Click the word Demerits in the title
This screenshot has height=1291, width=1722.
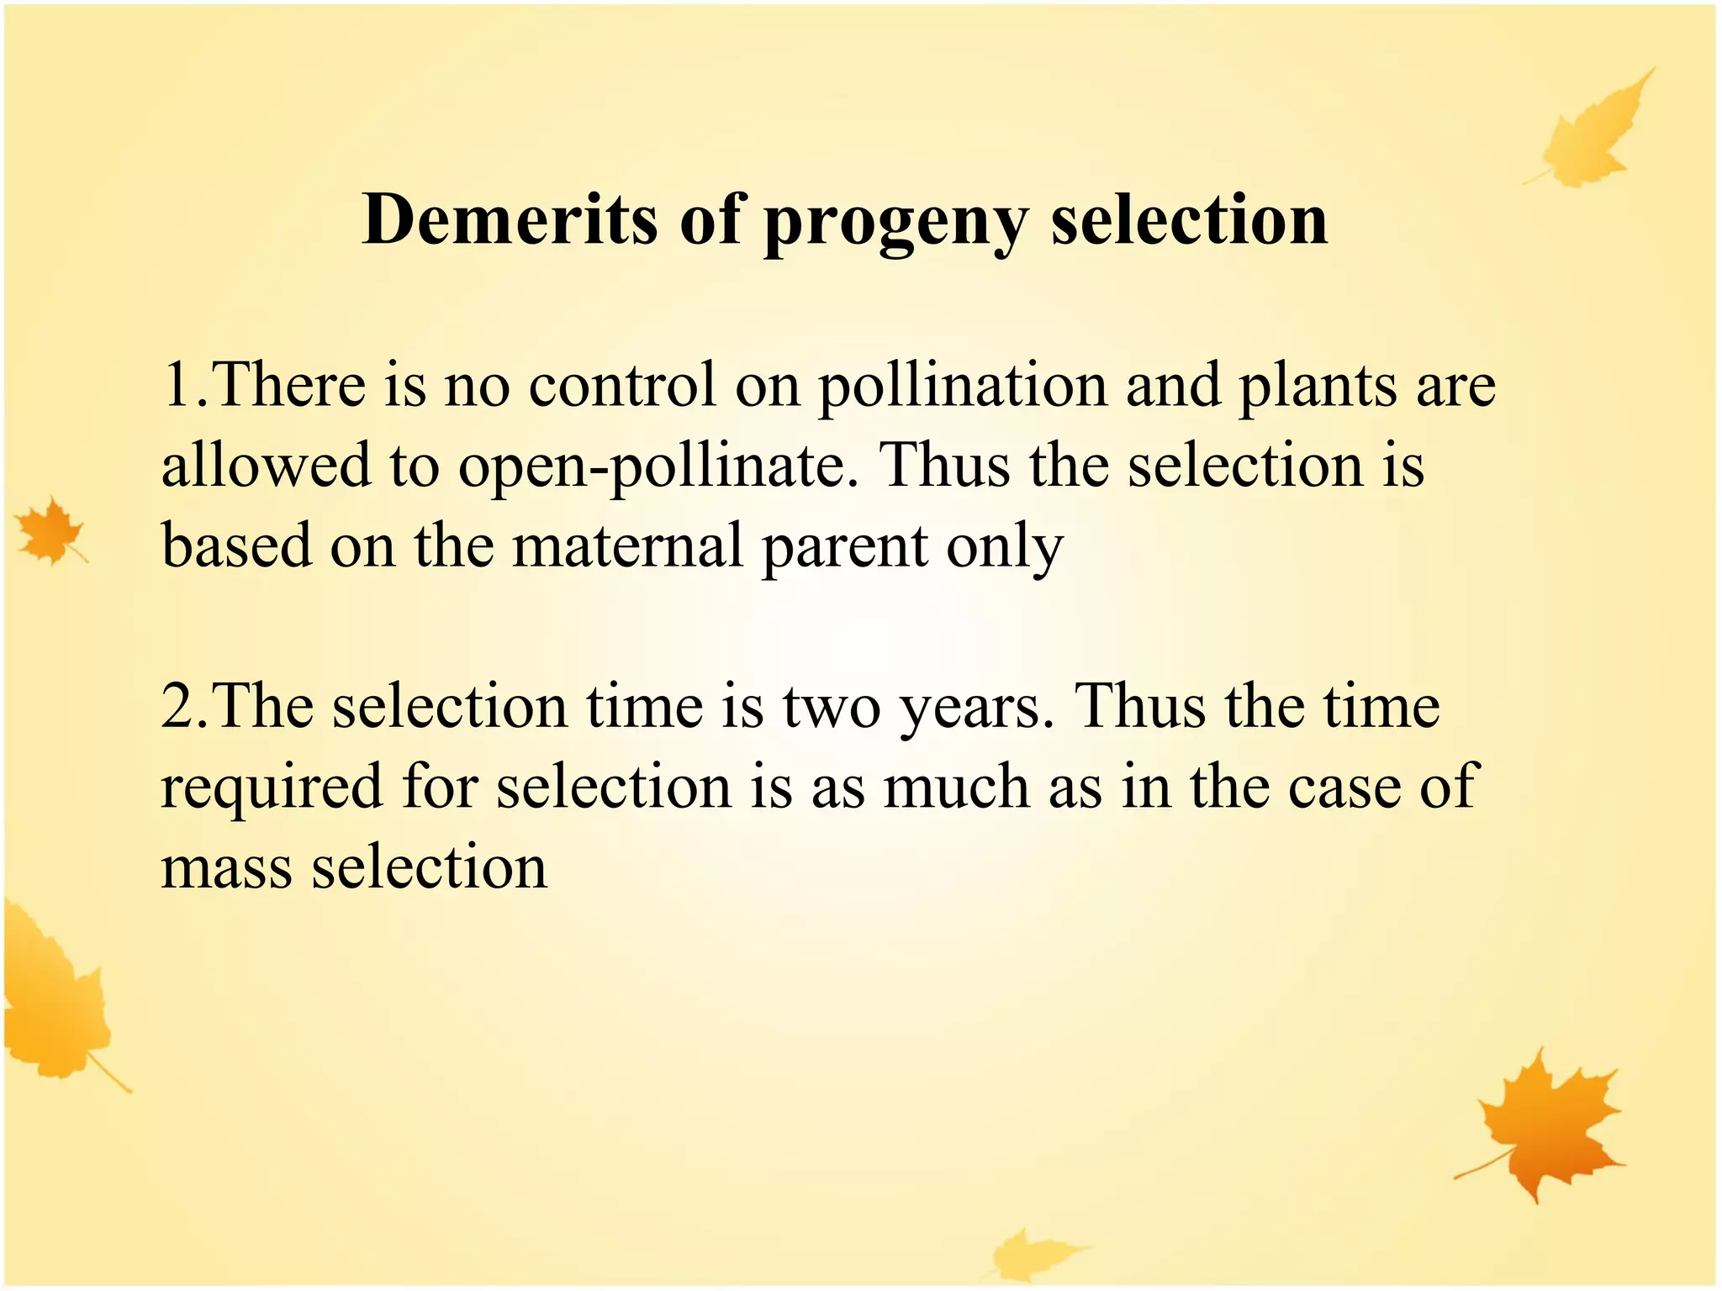pos(510,220)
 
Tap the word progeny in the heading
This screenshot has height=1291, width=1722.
pos(896,223)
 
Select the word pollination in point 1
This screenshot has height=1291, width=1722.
pos(962,386)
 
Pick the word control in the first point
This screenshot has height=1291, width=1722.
pos(622,385)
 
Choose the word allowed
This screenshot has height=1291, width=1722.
pos(266,465)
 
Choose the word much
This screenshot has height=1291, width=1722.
pos(957,788)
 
